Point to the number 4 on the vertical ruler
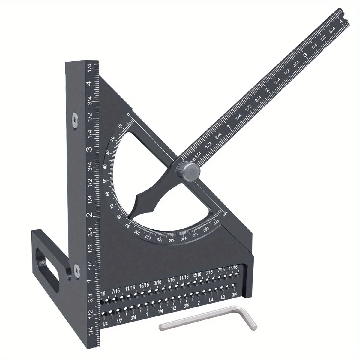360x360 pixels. click(89, 84)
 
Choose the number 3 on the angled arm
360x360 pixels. click(305, 55)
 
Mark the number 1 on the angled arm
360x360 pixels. click(229, 127)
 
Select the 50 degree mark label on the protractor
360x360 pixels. click(105, 181)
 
